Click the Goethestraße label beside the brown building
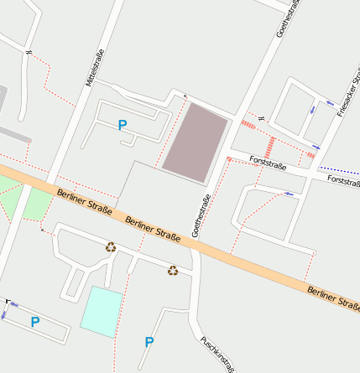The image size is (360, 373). (x=202, y=215)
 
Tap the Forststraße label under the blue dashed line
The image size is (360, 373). (x=343, y=179)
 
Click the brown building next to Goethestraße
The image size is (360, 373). (x=195, y=142)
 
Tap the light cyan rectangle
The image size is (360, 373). (x=101, y=311)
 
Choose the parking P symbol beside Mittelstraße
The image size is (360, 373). (x=123, y=125)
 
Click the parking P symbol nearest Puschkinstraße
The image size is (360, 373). (x=149, y=341)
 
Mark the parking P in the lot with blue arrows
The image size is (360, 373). (x=35, y=321)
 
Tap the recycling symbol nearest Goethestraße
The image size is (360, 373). (x=172, y=270)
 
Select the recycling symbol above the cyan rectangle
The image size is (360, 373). (x=111, y=246)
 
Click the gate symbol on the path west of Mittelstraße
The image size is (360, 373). (x=29, y=53)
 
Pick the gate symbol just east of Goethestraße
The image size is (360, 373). (x=262, y=117)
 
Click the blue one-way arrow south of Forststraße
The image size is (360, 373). (x=290, y=194)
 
